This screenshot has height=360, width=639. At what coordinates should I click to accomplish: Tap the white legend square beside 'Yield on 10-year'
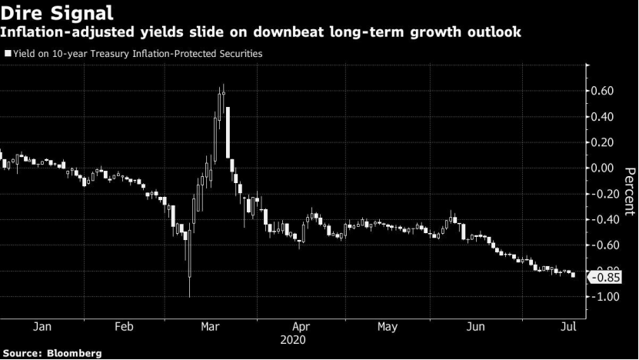click(x=7, y=54)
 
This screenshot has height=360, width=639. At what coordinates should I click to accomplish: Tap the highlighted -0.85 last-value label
click(x=610, y=278)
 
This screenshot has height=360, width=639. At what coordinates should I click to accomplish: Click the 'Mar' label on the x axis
click(x=211, y=327)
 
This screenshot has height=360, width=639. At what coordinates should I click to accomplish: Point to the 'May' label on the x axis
click(x=388, y=327)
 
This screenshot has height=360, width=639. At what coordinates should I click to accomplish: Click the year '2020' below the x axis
click(x=293, y=339)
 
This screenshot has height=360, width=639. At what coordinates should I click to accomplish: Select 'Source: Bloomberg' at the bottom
click(x=51, y=353)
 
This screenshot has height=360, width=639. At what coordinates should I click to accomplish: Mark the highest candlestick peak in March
click(x=223, y=85)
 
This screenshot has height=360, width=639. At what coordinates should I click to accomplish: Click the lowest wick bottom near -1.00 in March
click(x=189, y=295)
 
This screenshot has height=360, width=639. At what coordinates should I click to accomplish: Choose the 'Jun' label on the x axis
click(x=476, y=327)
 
